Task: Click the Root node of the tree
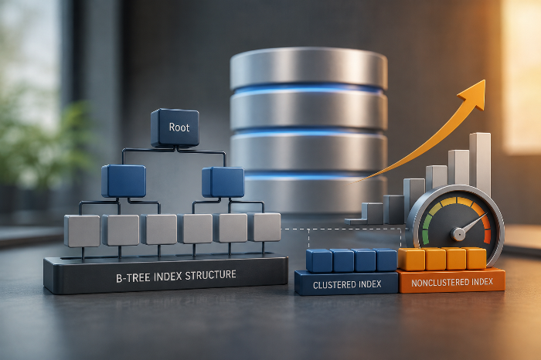point(175,127)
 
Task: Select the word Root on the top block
point(179,127)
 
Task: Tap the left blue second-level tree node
point(124,181)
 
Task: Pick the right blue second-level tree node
point(223,182)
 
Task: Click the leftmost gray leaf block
point(82,231)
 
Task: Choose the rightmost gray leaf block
point(264,227)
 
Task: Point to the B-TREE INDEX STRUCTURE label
point(176,277)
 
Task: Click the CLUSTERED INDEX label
point(347,285)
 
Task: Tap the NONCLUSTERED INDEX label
point(452,283)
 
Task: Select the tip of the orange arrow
point(485,80)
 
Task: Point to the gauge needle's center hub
point(458,235)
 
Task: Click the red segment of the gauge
point(486,228)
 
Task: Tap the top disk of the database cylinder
point(308,68)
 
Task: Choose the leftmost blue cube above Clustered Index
point(319,260)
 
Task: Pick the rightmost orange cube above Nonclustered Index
point(476,258)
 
